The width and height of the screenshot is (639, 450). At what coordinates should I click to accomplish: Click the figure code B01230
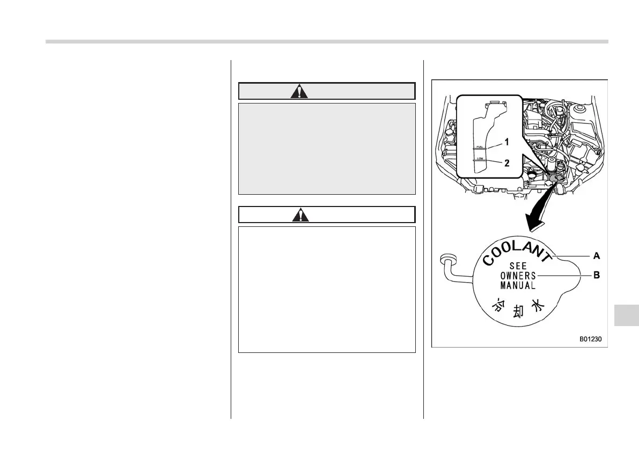[590, 339]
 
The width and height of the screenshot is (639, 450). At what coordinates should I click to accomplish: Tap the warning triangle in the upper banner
[299, 91]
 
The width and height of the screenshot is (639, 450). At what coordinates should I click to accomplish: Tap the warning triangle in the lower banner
[299, 215]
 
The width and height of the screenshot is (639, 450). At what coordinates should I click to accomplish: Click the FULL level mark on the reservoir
[480, 146]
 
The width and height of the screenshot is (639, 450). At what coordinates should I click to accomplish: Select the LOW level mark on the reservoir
[480, 159]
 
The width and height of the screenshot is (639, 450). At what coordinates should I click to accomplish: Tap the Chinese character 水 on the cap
[537, 306]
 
